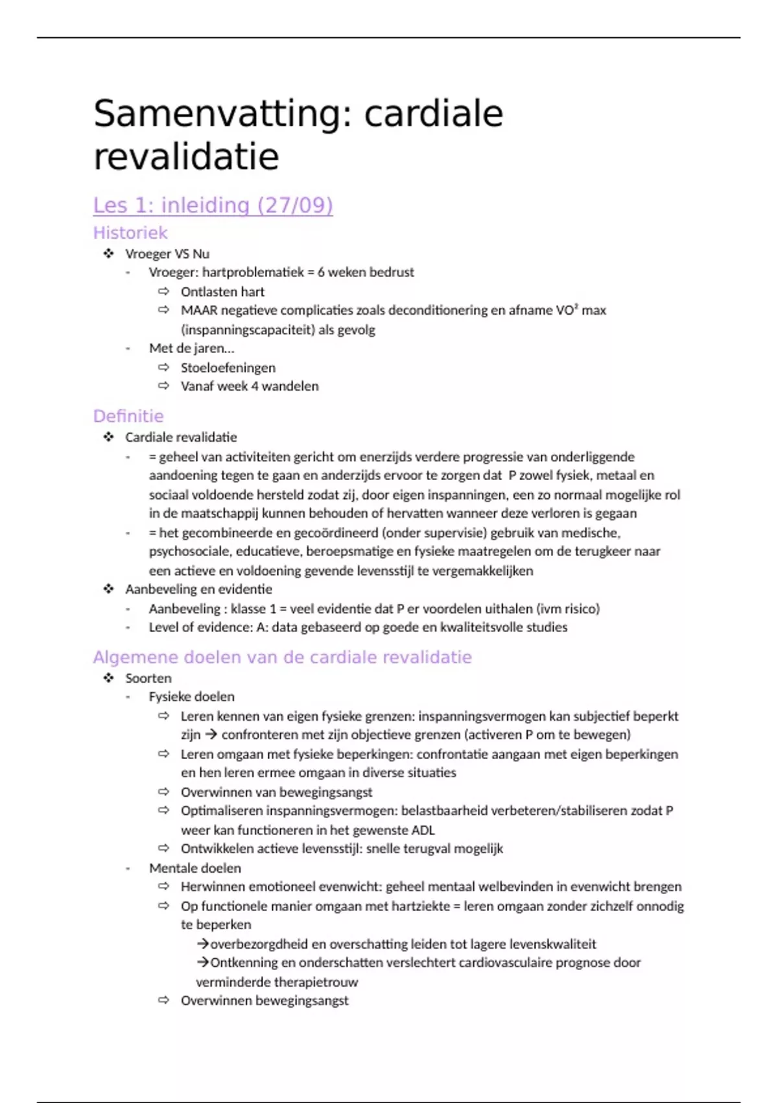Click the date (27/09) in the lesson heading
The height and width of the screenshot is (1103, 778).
pyautogui.click(x=295, y=205)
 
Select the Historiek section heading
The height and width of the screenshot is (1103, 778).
pyautogui.click(x=130, y=233)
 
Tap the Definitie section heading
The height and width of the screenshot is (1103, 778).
pyautogui.click(x=128, y=416)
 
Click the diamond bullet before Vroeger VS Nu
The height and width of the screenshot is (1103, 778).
pyautogui.click(x=108, y=254)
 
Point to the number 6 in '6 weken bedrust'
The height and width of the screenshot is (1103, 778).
pyautogui.click(x=321, y=273)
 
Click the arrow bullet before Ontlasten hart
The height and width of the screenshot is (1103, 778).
pyautogui.click(x=163, y=291)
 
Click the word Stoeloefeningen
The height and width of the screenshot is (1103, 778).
pyautogui.click(x=228, y=368)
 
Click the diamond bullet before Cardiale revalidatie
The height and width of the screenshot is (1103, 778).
pyautogui.click(x=108, y=437)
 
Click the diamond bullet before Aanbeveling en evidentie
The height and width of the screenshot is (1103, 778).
pyautogui.click(x=108, y=589)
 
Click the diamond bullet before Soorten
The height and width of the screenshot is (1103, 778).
pyautogui.click(x=108, y=678)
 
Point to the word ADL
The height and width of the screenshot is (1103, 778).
pyautogui.click(x=422, y=830)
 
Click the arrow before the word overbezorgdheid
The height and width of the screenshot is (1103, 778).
pyautogui.click(x=202, y=944)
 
